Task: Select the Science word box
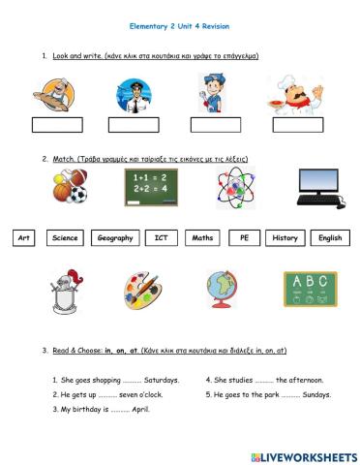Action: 66,237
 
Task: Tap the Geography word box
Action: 114,237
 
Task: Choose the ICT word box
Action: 161,237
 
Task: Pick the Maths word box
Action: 203,237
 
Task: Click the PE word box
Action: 244,237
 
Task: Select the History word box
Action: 285,237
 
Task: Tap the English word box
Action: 330,237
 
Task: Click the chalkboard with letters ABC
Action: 310,288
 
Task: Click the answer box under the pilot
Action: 134,125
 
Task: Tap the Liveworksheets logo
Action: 303,456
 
